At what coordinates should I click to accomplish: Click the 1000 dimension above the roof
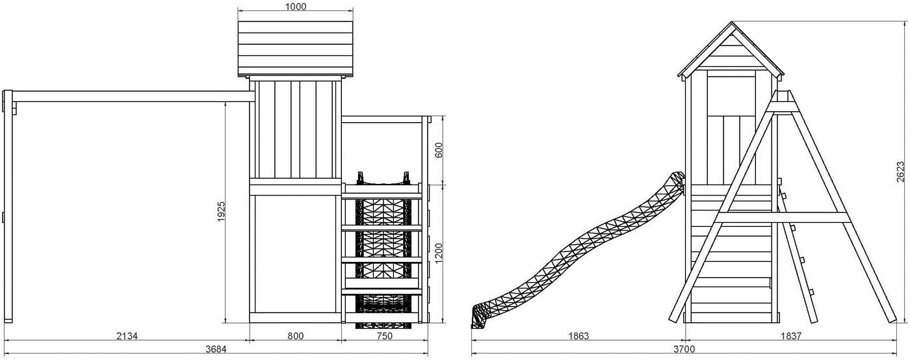click(295, 6)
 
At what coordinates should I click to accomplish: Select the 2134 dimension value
click(127, 336)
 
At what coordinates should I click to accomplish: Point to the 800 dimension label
click(295, 336)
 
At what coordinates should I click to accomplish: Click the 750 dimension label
click(384, 336)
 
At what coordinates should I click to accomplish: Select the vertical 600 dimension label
click(439, 150)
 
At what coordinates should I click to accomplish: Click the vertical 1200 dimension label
click(439, 253)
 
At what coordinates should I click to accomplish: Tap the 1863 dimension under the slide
click(578, 336)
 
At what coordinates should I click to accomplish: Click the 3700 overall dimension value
click(684, 350)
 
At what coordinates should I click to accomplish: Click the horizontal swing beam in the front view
click(130, 97)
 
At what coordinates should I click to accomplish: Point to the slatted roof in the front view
click(296, 49)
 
